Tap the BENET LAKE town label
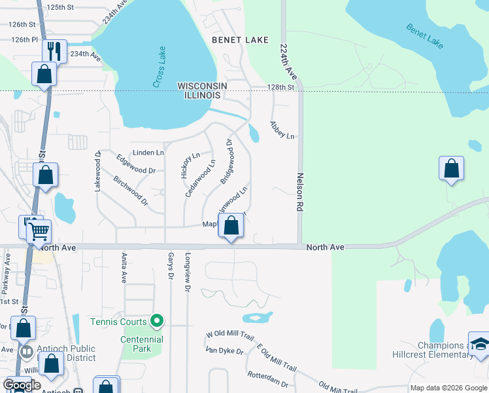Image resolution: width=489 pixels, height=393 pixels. [x=240, y=40]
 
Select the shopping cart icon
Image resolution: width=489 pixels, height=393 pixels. [x=39, y=231]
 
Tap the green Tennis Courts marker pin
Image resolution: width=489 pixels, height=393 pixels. [x=156, y=320]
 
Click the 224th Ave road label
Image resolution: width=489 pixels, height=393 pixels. [x=287, y=63]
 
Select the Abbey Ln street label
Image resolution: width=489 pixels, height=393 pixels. [x=282, y=130]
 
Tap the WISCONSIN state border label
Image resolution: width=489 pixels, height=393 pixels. [x=203, y=86]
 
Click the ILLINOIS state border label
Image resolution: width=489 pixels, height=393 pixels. [x=202, y=96]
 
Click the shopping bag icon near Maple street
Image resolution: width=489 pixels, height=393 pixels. [x=231, y=227]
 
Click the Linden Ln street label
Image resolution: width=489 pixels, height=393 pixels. [x=148, y=153]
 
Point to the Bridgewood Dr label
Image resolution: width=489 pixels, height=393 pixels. [x=227, y=161]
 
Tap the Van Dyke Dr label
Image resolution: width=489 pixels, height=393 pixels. [x=224, y=351]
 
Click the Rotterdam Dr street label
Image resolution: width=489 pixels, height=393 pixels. [x=268, y=378]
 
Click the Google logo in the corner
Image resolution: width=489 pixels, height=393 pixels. [x=22, y=385]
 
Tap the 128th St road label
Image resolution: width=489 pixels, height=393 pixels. [x=281, y=87]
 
